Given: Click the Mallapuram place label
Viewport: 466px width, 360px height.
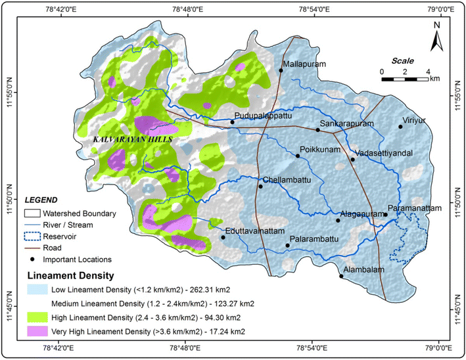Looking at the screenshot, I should coord(305,65).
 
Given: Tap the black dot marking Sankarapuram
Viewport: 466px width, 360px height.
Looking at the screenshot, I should coord(318,129).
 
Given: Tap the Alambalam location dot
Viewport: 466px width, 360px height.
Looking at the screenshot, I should coord(341,276).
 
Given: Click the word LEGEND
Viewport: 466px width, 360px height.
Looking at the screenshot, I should coord(41,200).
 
